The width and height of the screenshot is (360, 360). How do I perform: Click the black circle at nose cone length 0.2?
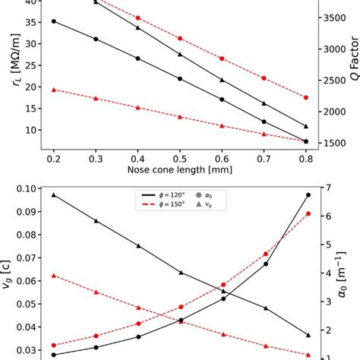point(53,21)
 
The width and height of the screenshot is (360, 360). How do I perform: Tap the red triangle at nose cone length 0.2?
point(53,90)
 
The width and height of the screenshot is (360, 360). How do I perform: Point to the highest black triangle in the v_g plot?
point(53,195)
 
